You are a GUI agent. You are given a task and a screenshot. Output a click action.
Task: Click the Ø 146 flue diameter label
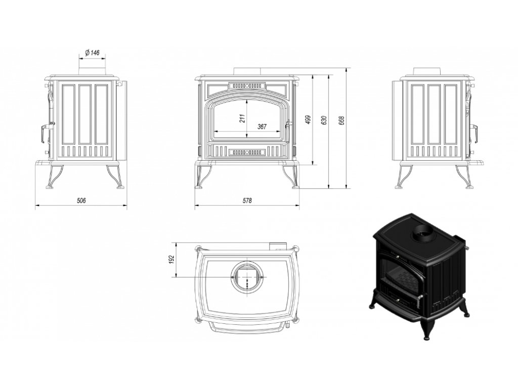click(92, 52)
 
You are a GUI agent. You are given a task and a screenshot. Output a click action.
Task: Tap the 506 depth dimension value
click(81, 200)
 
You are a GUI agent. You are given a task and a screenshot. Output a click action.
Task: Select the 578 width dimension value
click(247, 200)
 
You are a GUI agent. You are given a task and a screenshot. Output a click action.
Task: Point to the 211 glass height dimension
click(243, 118)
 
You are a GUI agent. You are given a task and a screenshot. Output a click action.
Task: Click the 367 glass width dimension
click(262, 126)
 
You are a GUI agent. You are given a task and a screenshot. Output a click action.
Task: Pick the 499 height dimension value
click(308, 119)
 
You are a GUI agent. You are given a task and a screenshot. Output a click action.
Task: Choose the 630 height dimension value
click(324, 120)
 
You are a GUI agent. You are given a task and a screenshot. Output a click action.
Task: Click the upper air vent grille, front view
click(247, 85)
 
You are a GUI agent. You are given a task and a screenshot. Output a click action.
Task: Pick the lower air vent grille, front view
click(247, 153)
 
